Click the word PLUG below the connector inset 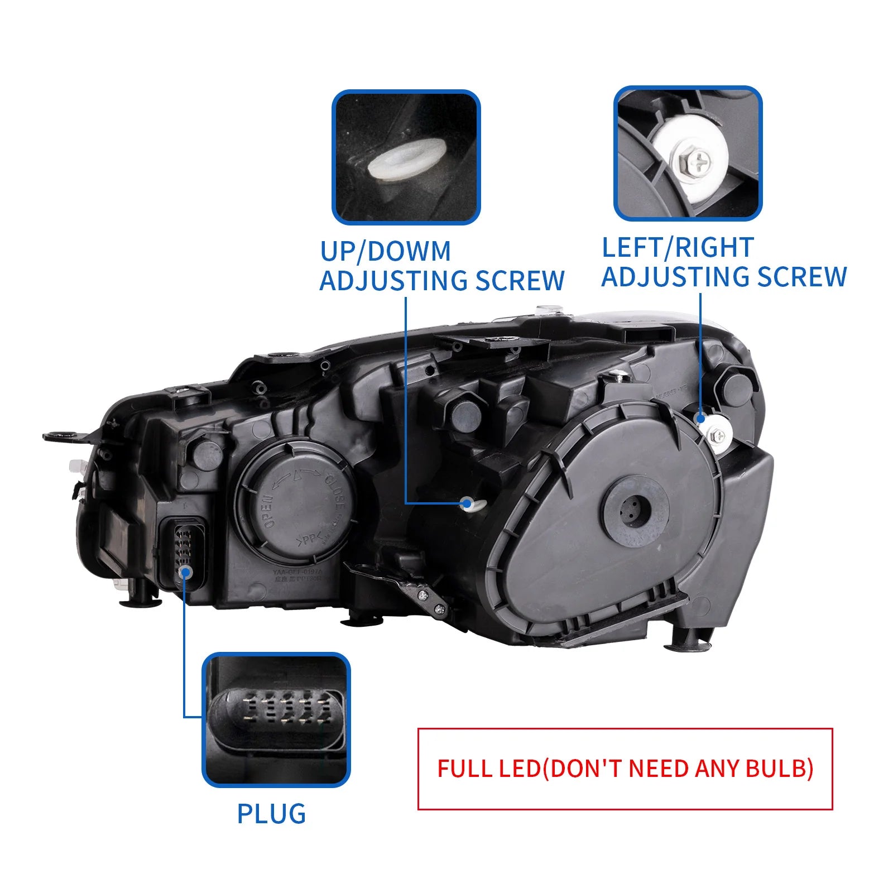coord(271,814)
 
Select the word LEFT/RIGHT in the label coord(678,247)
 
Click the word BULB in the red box coord(779,769)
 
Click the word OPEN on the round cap coord(270,511)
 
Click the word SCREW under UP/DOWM coord(520,280)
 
